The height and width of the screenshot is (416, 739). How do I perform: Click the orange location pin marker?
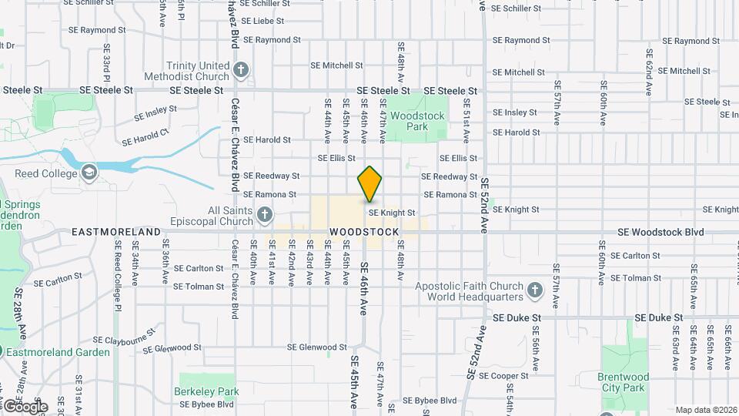point(369,184)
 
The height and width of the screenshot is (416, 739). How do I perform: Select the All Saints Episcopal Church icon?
point(264,214)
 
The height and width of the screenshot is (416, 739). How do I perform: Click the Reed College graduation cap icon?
point(90,173)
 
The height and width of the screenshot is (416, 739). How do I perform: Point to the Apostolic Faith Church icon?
point(534,291)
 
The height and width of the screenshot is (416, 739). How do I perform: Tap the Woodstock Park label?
point(417,121)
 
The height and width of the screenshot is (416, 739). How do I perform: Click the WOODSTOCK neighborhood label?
point(364,232)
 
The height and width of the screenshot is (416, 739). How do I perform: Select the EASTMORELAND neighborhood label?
point(115,232)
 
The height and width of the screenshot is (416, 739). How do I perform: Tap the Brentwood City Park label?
point(624,382)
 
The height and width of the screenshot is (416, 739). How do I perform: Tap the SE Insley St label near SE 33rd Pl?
point(155,113)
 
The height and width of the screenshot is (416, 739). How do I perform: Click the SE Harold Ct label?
point(145,138)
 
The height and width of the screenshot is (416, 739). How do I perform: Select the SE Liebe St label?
point(262,22)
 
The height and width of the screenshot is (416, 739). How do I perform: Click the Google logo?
point(25,406)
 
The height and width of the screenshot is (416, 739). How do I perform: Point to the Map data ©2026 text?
point(705,410)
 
